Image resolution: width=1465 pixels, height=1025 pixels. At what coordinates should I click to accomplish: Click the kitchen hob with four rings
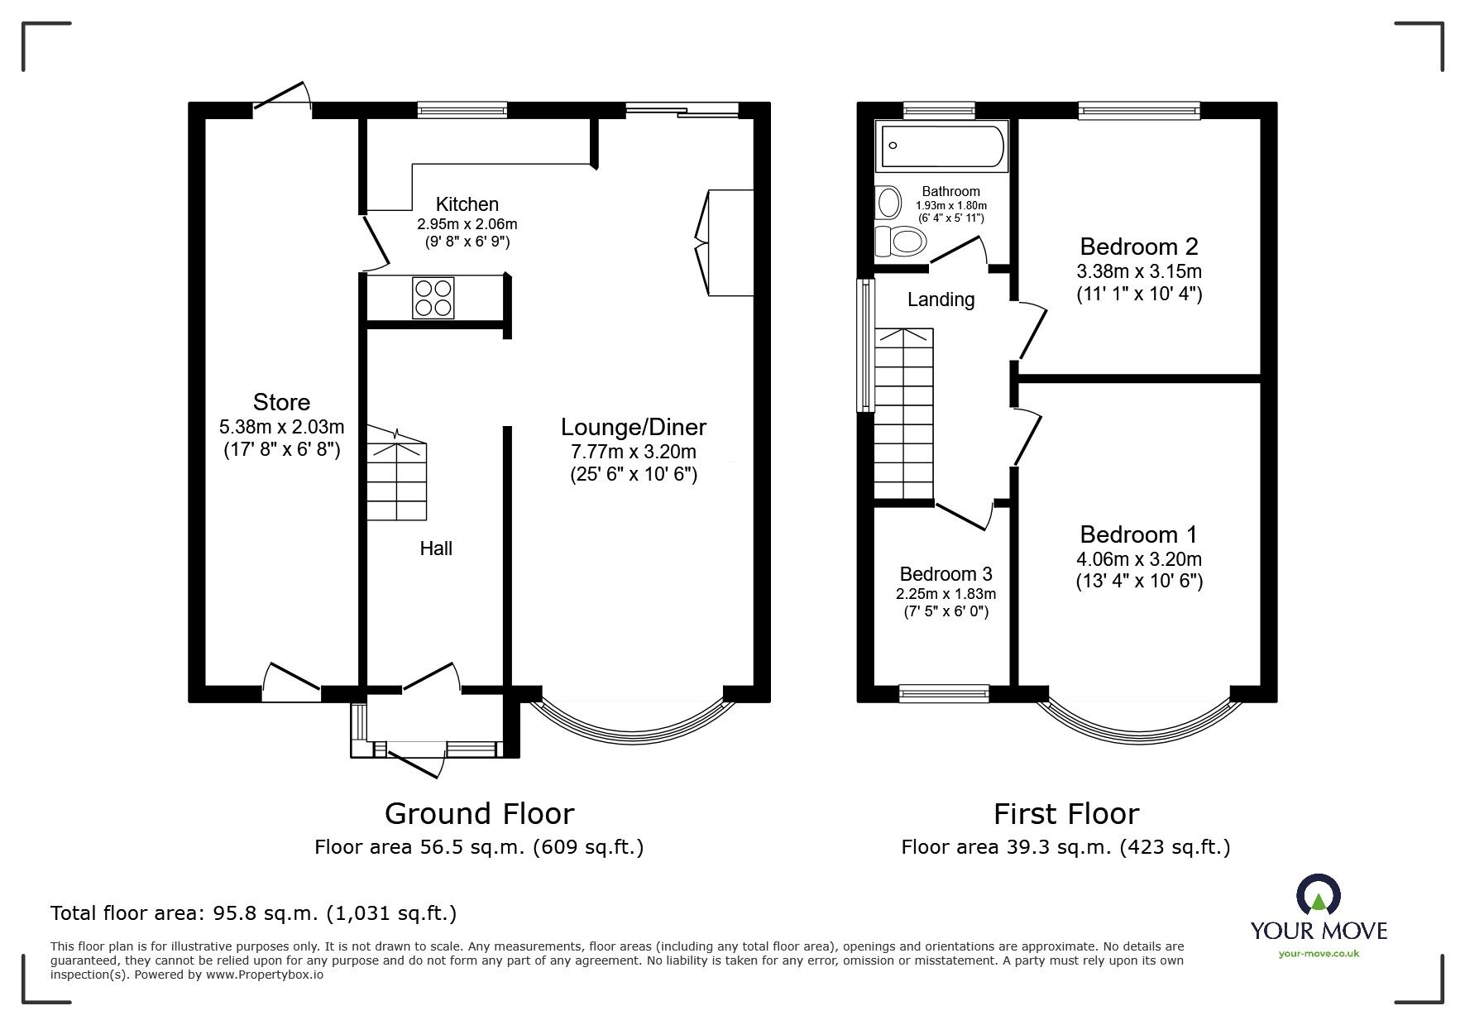(x=433, y=298)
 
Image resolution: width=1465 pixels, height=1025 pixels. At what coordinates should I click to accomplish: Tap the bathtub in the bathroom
(x=942, y=147)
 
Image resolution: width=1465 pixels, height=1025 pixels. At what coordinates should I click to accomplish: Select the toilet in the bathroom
(x=901, y=242)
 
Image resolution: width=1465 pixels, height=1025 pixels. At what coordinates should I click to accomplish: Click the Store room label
(x=281, y=403)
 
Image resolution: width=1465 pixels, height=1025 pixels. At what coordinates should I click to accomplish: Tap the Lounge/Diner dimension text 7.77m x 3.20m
(x=633, y=452)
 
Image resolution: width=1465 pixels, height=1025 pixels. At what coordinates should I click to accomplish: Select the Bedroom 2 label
(x=1138, y=247)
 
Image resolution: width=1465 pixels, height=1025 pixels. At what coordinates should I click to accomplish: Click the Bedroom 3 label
(x=946, y=574)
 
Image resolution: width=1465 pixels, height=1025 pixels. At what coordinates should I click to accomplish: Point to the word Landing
(x=941, y=299)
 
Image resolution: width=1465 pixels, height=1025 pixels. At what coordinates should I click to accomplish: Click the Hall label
(x=436, y=548)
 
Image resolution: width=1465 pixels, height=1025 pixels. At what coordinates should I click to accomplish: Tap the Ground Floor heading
(x=479, y=814)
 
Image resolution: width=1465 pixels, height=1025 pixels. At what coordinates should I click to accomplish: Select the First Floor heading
(x=1065, y=814)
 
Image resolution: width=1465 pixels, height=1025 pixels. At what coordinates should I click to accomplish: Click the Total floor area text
(x=253, y=913)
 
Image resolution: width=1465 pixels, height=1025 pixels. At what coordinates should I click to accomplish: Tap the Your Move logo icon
(x=1319, y=897)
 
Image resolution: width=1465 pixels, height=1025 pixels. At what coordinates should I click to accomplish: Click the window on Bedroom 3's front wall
(x=944, y=693)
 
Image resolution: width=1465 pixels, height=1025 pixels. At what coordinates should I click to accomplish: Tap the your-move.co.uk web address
(x=1319, y=954)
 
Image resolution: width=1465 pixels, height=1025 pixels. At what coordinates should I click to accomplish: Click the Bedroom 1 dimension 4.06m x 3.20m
(x=1138, y=558)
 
